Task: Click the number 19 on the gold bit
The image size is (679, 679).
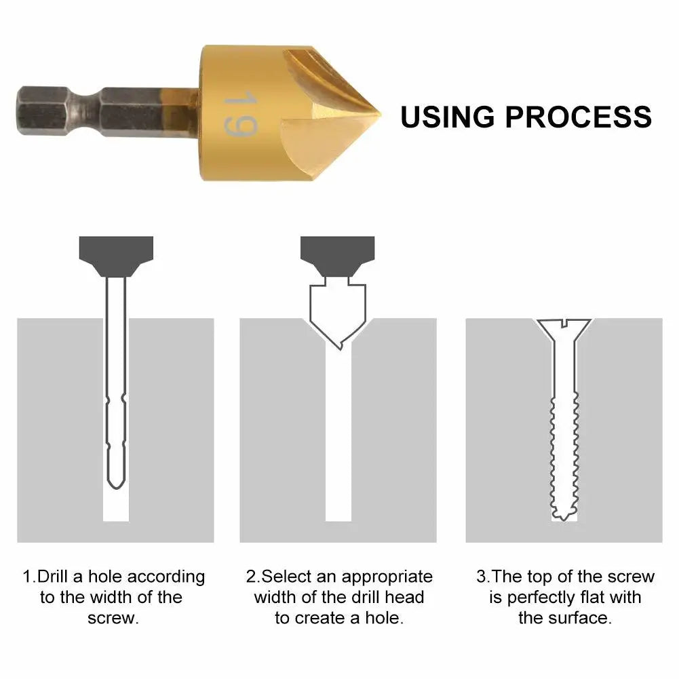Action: [239, 114]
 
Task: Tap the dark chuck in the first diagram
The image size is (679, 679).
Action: [116, 255]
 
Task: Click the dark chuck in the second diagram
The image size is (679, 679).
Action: [337, 255]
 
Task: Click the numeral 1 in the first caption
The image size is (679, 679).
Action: [27, 577]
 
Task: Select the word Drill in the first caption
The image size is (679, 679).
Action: [52, 577]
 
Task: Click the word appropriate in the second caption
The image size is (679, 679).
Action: [387, 577]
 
